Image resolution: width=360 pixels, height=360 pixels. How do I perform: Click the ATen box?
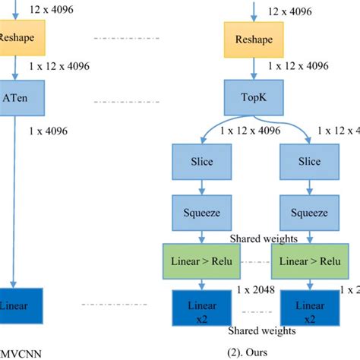click(x=17, y=98)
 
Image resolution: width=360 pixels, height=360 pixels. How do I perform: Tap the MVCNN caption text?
click(x=19, y=352)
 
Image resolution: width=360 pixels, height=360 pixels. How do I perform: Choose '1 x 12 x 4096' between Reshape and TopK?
click(x=297, y=66)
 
